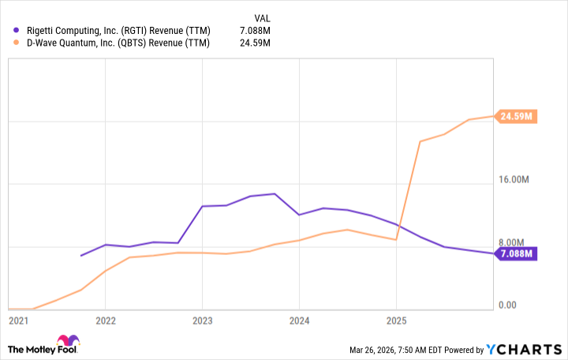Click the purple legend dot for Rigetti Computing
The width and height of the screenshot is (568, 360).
pos(17,30)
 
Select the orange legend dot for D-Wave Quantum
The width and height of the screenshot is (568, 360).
pos(17,43)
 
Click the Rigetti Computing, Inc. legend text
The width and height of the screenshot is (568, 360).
pos(118,30)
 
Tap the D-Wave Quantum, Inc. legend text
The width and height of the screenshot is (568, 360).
pos(118,43)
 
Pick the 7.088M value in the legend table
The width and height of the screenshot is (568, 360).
pos(255,30)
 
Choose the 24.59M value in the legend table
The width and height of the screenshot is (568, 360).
pos(255,43)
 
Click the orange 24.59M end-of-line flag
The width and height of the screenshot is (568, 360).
pos(517,117)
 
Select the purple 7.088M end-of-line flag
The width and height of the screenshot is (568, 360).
pos(517,253)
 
